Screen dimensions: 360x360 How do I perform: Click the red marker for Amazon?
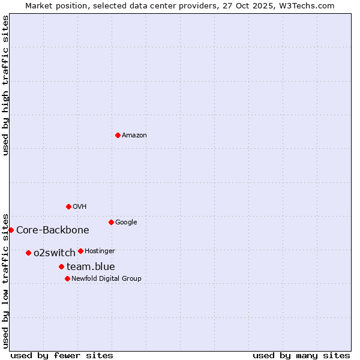pos(118,135)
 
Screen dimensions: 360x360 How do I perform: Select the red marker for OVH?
pos(68,206)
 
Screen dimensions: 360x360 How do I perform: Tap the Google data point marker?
pos(111,222)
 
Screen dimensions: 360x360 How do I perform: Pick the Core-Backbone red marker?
pos(11,230)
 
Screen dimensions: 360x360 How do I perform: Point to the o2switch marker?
pos(28,253)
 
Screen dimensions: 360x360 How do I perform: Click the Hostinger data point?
pos(80,251)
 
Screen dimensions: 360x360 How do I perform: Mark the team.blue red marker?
pos(61,266)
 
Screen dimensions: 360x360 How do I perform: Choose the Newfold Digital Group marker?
pos(67,278)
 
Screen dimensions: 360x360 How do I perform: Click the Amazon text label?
pos(134,136)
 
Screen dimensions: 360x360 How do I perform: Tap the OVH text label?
pos(80,207)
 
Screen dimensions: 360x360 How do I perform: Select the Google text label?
pos(126,223)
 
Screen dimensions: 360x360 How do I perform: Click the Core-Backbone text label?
pos(53,230)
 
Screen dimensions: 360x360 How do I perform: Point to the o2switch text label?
pos(55,253)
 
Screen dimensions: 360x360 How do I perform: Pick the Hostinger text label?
pos(100,251)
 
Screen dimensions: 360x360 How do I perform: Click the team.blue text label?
pos(91,267)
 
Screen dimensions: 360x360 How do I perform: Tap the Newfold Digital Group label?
pos(106,279)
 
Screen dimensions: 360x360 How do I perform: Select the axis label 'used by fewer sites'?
pos(62,355)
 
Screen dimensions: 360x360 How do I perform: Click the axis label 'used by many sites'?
pos(301,355)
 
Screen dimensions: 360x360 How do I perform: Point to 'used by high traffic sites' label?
pos(6,85)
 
